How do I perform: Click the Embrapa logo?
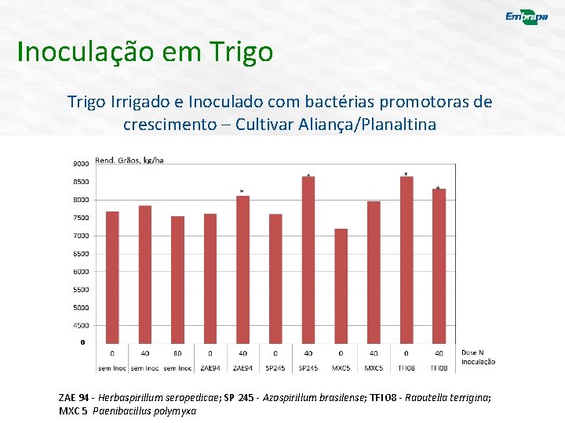(527, 18)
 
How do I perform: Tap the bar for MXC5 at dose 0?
(341, 285)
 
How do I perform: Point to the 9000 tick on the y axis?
(81, 164)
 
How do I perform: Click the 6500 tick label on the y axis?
(81, 254)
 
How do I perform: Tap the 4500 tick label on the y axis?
(81, 325)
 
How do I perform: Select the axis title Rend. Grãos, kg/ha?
(129, 160)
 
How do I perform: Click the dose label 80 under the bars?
(177, 353)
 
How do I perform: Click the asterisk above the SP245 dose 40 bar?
(308, 174)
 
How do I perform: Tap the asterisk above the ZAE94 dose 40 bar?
(242, 191)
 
